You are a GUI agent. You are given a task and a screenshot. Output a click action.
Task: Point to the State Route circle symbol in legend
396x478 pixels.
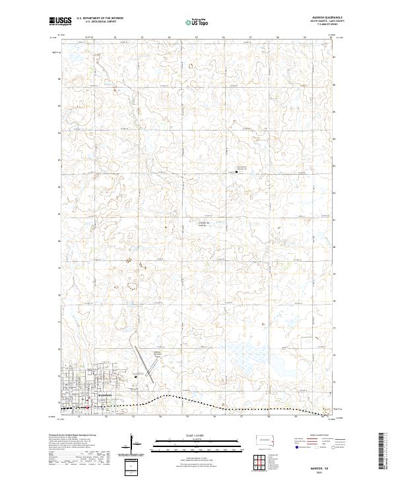[x=334, y=446]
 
